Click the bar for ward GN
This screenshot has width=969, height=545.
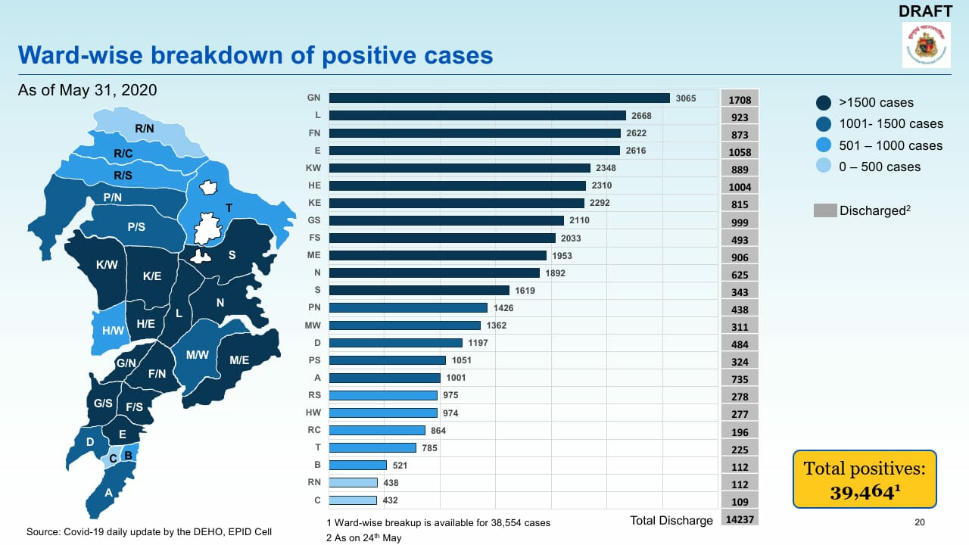[499, 98]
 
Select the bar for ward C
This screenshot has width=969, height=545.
[353, 500]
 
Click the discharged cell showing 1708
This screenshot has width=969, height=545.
[739, 100]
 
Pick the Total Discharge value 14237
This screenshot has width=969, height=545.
[739, 520]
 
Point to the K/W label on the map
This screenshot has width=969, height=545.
[106, 266]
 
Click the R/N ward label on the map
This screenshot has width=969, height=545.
[145, 129]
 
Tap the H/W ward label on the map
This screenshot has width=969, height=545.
[113, 331]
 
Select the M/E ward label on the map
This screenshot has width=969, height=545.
[239, 360]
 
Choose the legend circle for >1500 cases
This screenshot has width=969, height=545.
[824, 102]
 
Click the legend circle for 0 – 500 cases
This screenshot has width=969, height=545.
[824, 167]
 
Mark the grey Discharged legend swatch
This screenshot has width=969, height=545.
[824, 210]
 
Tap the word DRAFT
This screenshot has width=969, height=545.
[925, 11]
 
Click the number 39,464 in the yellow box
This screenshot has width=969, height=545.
[863, 492]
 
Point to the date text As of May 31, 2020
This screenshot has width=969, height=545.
[87, 90]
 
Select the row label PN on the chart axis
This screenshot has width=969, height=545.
[314, 308]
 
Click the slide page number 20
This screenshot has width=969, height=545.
[920, 522]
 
